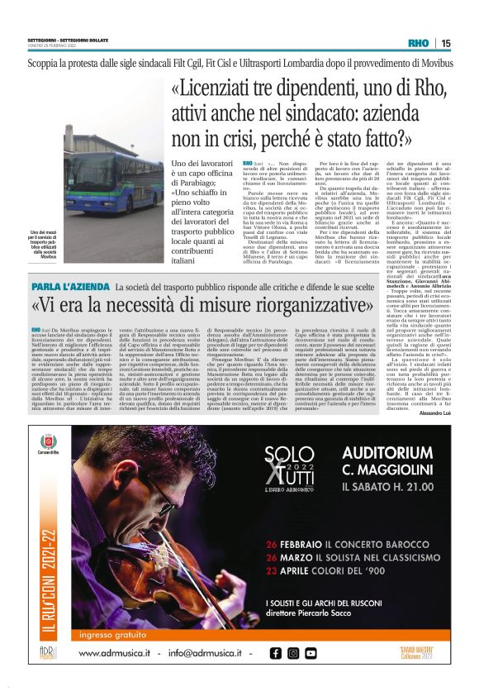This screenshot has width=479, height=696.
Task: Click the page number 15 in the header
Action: coord(446,43)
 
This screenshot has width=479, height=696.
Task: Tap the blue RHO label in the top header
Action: coord(419,43)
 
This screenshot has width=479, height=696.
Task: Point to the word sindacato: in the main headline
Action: coord(314,112)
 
